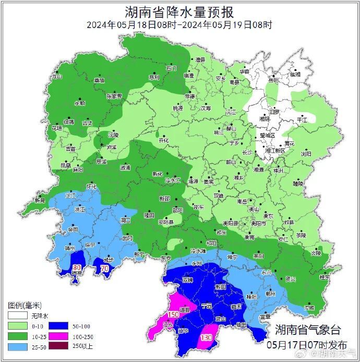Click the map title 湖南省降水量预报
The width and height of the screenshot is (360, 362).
(179, 11)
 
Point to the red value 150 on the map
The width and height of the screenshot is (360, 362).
(173, 314)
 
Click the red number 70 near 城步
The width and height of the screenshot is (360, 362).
(104, 269)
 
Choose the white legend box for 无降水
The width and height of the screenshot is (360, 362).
(17, 316)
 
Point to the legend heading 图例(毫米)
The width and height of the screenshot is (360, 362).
(25, 305)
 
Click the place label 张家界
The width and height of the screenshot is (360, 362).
(114, 96)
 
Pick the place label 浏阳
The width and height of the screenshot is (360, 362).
(305, 154)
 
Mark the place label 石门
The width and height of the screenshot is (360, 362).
(171, 68)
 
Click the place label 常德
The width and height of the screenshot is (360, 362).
(189, 96)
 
